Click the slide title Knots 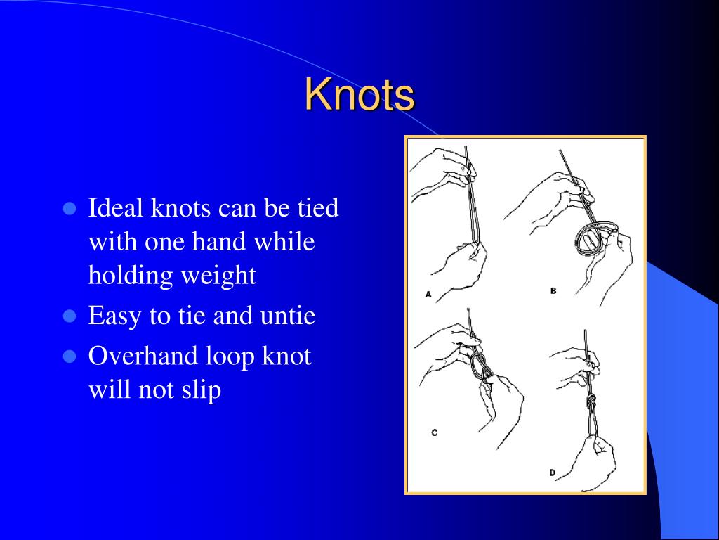[359, 95]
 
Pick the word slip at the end [202, 390]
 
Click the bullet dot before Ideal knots [69, 208]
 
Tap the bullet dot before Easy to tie [69, 316]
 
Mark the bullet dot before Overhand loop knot [69, 356]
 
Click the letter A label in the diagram [428, 295]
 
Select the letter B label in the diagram [553, 290]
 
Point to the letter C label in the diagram [435, 432]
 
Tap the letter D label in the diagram [553, 473]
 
